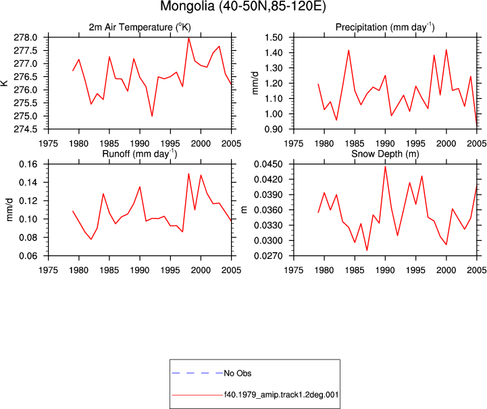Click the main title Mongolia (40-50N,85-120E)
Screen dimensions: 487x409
(243, 6)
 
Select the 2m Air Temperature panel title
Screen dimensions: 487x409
(140, 27)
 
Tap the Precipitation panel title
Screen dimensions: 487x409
(385, 27)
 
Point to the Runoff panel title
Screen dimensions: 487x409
(139, 154)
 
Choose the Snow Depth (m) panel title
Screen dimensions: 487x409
(385, 154)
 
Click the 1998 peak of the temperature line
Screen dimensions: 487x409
(188, 38)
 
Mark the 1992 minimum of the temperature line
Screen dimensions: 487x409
(152, 116)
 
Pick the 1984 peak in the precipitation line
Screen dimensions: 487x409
(349, 50)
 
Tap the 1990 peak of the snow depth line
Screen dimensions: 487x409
(385, 166)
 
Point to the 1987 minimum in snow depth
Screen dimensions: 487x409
(367, 250)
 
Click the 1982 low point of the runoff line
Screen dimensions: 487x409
(91, 239)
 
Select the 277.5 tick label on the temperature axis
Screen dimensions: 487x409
(26, 51)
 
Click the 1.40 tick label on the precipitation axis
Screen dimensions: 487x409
(274, 53)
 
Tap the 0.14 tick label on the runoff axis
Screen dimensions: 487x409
(28, 183)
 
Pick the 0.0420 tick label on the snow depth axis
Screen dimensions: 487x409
(268, 179)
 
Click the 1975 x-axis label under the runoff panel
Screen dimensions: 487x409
(48, 270)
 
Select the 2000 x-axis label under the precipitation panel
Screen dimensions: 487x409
(446, 143)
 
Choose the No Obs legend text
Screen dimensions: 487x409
(238, 373)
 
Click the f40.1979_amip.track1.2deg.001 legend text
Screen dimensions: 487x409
(281, 395)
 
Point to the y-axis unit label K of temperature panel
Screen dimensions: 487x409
(5, 83)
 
